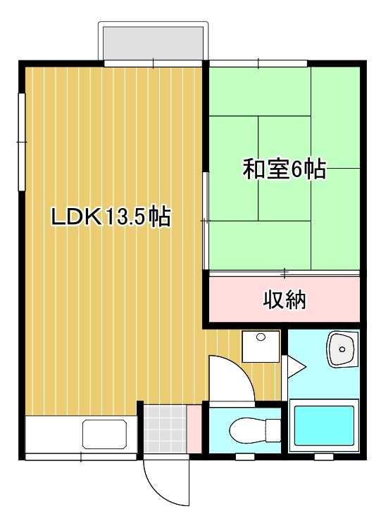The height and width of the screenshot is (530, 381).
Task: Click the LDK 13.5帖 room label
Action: pyautogui.click(x=111, y=217)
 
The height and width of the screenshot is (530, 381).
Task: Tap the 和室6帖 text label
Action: pyautogui.click(x=285, y=169)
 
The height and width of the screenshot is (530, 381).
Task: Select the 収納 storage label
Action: pyautogui.click(x=285, y=299)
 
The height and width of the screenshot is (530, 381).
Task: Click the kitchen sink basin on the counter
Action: pyautogui.click(x=105, y=434)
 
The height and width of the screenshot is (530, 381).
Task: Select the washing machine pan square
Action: pyautogui.click(x=261, y=346)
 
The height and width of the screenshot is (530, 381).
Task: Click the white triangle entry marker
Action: pyautogui.click(x=293, y=365)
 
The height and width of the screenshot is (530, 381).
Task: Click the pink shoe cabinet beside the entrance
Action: pyautogui.click(x=194, y=429)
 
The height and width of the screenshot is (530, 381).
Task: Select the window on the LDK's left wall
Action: pyautogui.click(x=22, y=141)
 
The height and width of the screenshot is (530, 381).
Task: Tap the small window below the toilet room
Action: pyautogui.click(x=244, y=457)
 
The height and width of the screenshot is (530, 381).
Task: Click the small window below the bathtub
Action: pyautogui.click(x=323, y=457)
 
